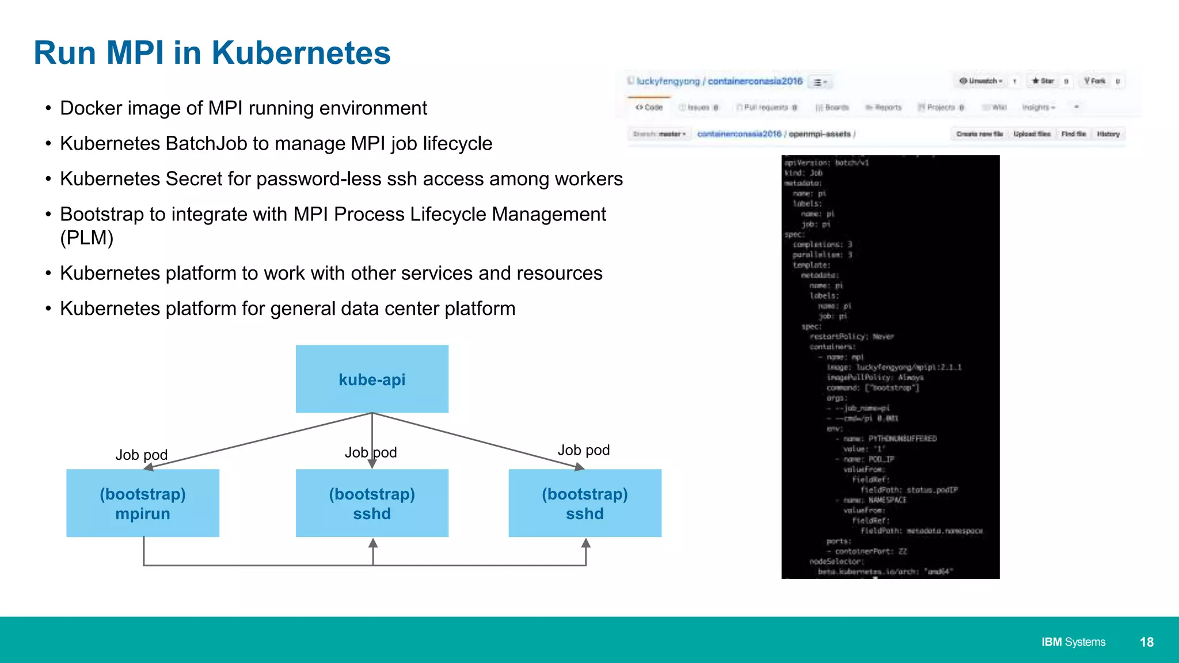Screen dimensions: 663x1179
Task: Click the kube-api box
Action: (372, 379)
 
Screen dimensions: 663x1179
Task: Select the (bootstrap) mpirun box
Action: (143, 503)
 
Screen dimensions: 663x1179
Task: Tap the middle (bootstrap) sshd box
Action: (372, 503)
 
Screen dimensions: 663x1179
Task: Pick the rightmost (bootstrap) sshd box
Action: (585, 503)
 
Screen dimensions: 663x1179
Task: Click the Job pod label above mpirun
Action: (142, 455)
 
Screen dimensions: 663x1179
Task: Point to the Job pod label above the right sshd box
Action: (584, 450)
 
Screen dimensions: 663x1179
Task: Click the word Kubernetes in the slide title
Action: (301, 53)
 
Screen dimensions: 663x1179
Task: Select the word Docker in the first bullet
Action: (88, 108)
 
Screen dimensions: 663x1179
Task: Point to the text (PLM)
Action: (87, 238)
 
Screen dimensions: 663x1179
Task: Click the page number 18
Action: (1146, 642)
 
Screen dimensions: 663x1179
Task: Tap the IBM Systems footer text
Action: (1073, 642)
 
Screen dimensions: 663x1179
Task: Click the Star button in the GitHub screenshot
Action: (1043, 81)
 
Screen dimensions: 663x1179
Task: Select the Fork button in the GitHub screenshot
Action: (1094, 81)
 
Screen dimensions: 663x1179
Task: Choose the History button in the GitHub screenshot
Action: (1108, 134)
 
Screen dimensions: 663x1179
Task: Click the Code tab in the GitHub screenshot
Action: (649, 108)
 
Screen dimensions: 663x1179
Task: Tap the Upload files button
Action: (1032, 134)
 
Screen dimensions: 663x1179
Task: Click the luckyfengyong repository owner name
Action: (668, 81)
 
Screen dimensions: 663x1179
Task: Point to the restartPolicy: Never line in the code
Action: (851, 337)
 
